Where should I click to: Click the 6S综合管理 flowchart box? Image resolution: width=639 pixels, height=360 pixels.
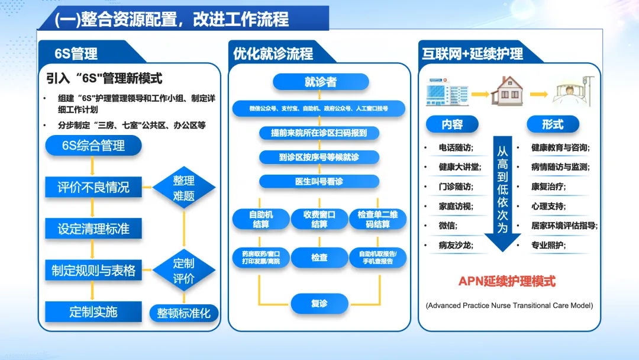click(x=93, y=146)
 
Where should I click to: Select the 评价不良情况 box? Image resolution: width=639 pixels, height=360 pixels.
click(x=93, y=187)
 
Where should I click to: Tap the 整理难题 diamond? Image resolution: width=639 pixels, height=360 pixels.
click(x=183, y=188)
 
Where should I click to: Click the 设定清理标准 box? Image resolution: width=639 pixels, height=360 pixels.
click(x=93, y=229)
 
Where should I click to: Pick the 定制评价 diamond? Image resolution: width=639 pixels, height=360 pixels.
click(x=183, y=271)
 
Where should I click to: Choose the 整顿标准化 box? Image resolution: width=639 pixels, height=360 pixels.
click(x=183, y=313)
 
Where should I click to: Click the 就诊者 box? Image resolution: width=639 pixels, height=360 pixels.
click(x=320, y=82)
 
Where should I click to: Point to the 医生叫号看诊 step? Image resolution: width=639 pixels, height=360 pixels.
click(x=319, y=181)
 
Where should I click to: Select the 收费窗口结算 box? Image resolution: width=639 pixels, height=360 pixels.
click(x=319, y=219)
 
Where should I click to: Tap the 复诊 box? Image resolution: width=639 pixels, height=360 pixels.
click(x=319, y=304)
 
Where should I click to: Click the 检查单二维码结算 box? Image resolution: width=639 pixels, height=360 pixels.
click(x=378, y=219)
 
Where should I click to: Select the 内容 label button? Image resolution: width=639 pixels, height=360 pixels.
click(x=452, y=124)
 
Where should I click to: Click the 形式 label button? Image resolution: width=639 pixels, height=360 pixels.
click(x=552, y=124)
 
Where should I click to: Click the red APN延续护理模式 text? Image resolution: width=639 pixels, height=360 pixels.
click(x=507, y=281)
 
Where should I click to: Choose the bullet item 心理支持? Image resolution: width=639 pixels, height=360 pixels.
click(x=548, y=207)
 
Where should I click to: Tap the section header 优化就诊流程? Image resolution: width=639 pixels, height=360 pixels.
click(x=273, y=54)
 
